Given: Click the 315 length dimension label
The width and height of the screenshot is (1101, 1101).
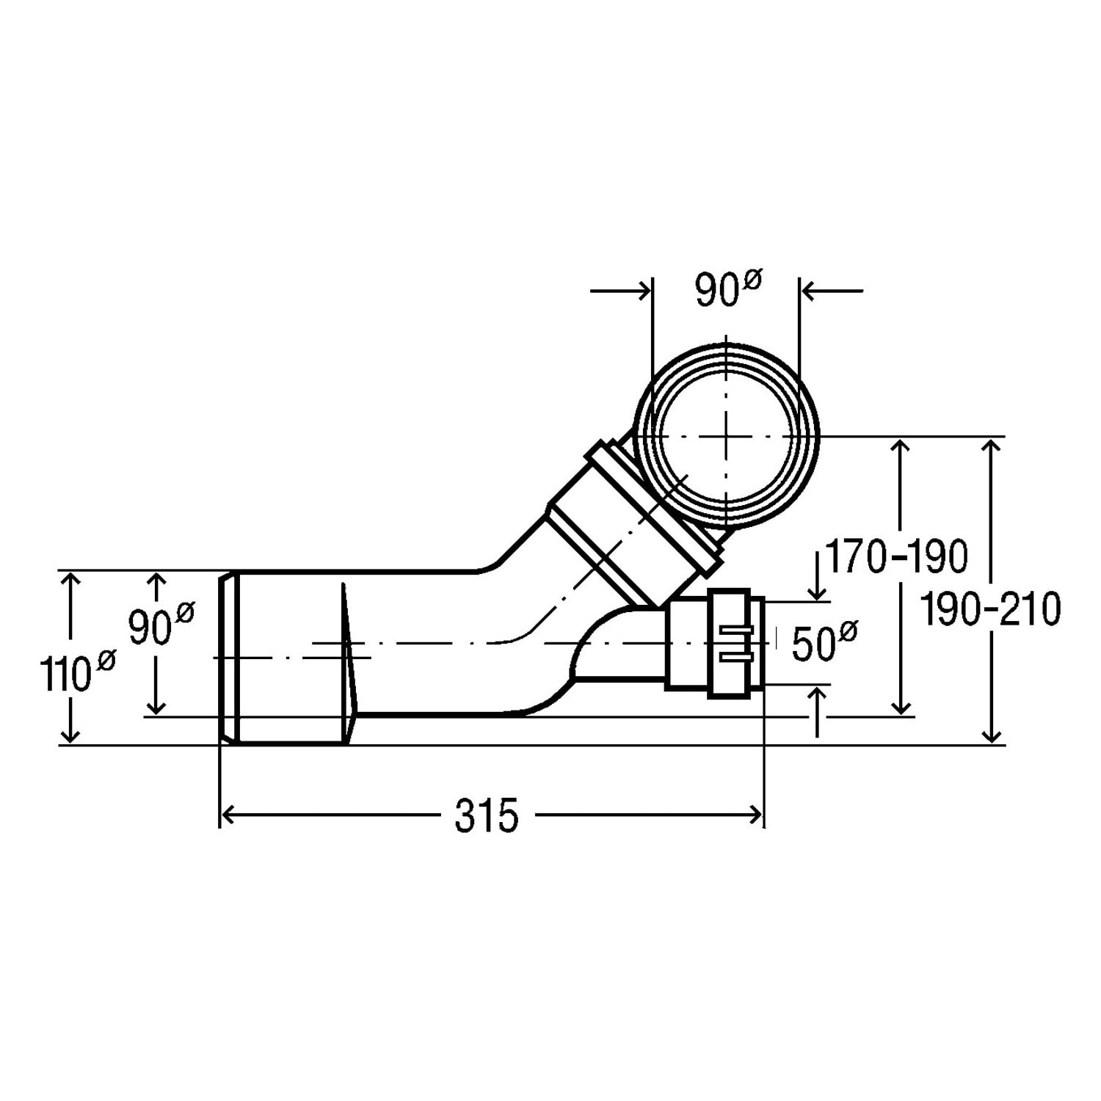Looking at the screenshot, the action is [x=486, y=815].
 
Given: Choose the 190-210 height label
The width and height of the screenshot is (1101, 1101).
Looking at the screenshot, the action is [x=990, y=610].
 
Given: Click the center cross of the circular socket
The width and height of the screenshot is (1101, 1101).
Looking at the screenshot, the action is [x=726, y=436].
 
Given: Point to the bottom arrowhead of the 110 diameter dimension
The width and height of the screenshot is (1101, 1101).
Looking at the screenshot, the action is [x=70, y=734].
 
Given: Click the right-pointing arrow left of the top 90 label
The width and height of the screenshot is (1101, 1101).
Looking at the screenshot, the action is [x=620, y=291].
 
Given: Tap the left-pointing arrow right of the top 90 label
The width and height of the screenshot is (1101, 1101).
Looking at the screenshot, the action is [x=832, y=291].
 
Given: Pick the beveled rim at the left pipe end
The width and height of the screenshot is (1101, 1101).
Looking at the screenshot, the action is [x=229, y=658].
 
